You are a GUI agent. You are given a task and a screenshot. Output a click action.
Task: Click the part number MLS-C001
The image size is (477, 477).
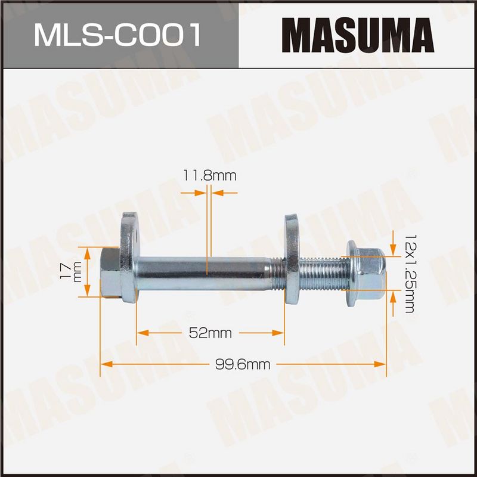pos(117,36)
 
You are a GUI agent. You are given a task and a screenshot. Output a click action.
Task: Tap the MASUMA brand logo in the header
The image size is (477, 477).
pos(358,35)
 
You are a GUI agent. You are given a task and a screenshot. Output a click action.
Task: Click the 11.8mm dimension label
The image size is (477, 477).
pos(210,176)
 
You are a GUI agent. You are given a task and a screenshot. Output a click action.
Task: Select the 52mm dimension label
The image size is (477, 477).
pos(210,333)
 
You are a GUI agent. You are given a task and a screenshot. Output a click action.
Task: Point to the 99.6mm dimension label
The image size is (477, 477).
pos(243,364)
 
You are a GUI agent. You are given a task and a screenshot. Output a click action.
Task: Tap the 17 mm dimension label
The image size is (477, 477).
pos(72,272)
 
